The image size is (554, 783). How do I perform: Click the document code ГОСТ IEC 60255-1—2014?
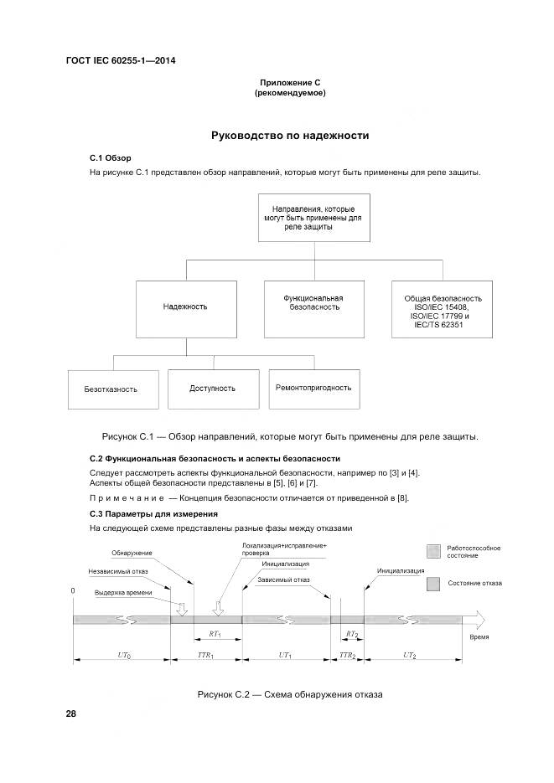120,60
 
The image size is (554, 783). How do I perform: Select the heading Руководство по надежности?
290,135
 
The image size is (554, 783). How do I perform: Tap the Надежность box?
185,307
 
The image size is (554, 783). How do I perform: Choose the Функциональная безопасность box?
312,302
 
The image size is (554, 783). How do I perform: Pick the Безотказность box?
110,389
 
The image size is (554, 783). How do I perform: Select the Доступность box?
212,389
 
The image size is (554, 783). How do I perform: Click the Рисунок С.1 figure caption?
290,437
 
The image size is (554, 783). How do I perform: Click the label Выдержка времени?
123,592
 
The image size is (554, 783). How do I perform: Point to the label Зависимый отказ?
284,580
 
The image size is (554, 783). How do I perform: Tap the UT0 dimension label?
122,655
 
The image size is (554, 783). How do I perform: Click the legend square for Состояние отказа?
432,583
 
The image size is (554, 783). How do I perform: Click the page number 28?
70,713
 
